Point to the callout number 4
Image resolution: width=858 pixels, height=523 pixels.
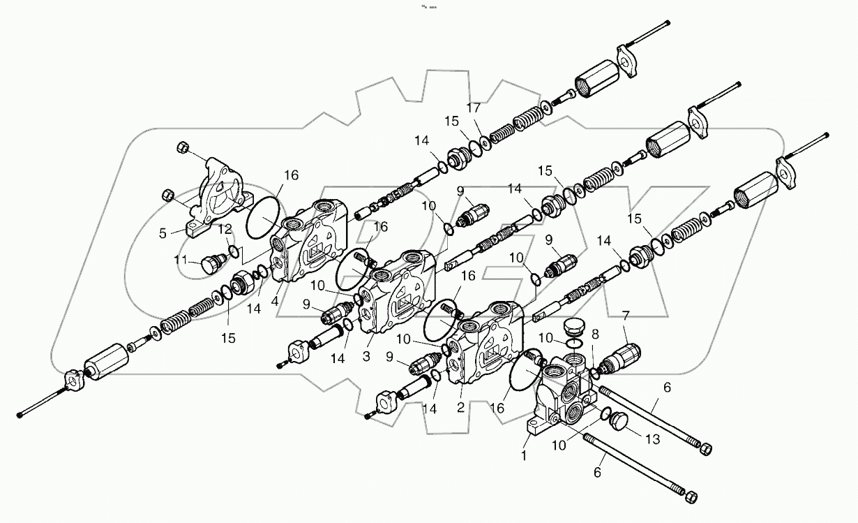(x=277, y=302)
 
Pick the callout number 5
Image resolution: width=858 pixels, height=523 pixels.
(x=163, y=234)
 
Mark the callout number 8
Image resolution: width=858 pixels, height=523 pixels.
(x=594, y=334)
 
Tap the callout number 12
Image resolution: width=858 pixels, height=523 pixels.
(x=225, y=228)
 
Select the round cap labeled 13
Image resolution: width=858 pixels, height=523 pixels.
(x=619, y=422)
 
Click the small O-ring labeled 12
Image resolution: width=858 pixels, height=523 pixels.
(x=235, y=252)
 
